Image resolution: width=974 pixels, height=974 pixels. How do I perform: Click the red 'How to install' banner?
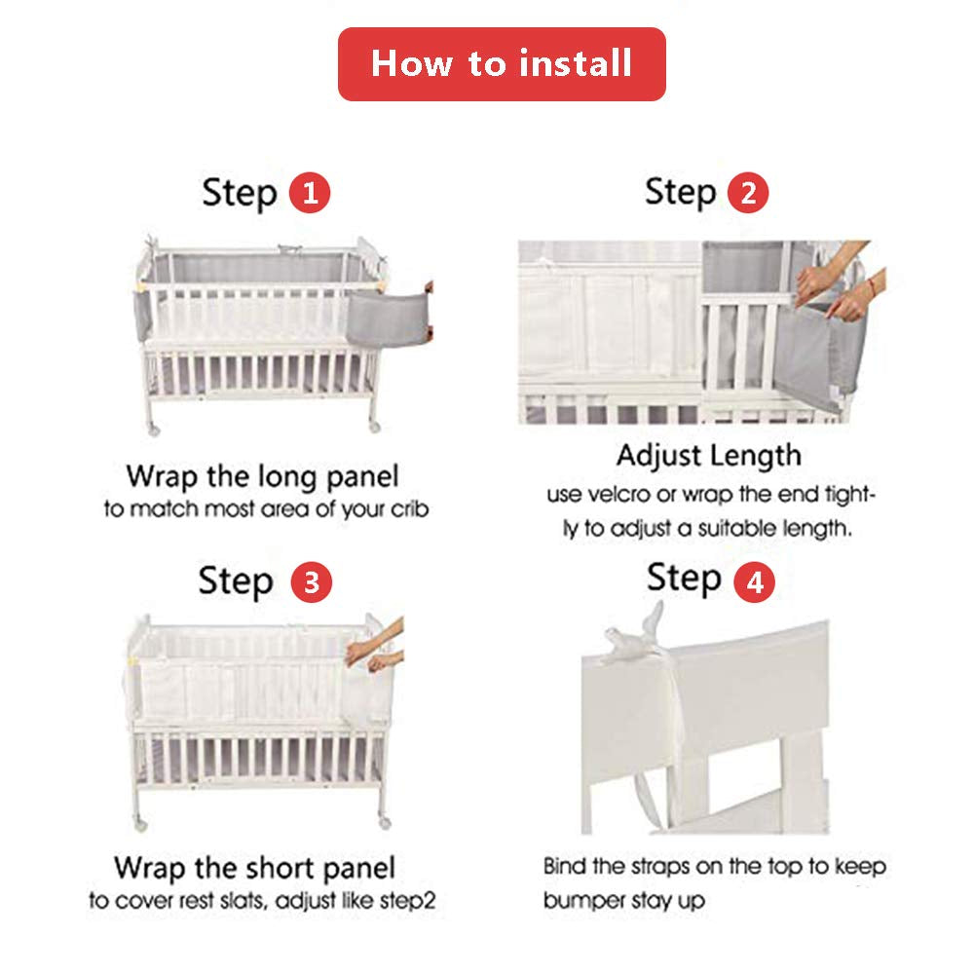(502, 64)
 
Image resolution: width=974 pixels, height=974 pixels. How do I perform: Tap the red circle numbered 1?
(310, 193)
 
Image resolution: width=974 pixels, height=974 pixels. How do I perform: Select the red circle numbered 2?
(748, 193)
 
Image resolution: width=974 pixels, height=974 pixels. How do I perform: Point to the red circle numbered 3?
(312, 582)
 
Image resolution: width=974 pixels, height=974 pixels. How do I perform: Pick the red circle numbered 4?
(754, 582)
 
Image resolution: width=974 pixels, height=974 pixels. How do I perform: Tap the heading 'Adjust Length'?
(709, 455)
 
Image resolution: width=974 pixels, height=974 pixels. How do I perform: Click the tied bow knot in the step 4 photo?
(635, 635)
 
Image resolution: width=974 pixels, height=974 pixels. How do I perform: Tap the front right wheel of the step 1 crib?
(374, 427)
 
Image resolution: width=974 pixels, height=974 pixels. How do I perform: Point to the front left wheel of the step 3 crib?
(140, 824)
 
